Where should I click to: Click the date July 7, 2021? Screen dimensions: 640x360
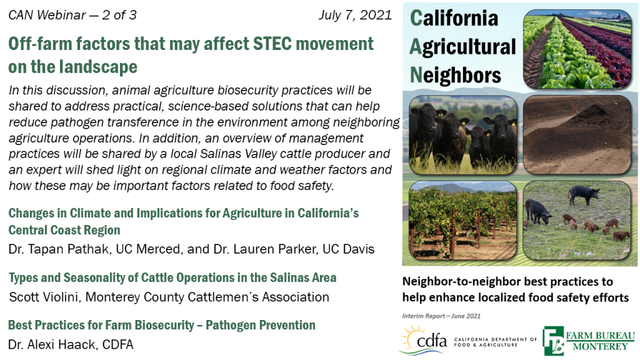pos(355,15)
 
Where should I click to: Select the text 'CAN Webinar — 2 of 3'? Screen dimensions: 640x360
pos(72,15)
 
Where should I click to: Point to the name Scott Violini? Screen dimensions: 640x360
pos(43,297)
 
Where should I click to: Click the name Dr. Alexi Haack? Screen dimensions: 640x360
pos(52,344)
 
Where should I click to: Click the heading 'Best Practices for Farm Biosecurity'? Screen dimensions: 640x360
pos(101,325)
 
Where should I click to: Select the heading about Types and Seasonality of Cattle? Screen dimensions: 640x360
pos(172,277)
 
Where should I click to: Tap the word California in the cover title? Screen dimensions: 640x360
pos(454,18)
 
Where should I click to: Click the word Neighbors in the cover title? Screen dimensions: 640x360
pos(456,75)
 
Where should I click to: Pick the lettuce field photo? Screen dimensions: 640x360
pos(577,49)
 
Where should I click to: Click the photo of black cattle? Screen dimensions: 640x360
pos(463,135)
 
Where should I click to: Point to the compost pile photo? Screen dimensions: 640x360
pos(577,135)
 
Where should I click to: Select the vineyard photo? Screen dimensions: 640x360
pos(463,221)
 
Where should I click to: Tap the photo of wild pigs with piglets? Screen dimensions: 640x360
pos(577,221)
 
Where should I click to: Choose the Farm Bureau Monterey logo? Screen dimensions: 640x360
pos(589,341)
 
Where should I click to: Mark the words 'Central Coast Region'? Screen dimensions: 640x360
pos(64,230)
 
